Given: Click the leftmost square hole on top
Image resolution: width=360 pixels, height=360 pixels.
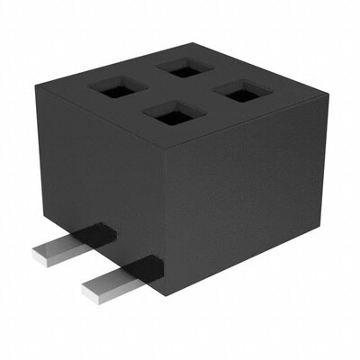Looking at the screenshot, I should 118,87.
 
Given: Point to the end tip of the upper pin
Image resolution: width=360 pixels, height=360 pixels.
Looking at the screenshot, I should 38,257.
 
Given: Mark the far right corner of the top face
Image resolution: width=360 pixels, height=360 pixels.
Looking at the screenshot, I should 320,99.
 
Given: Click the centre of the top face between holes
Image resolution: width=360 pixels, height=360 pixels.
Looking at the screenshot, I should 179,90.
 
